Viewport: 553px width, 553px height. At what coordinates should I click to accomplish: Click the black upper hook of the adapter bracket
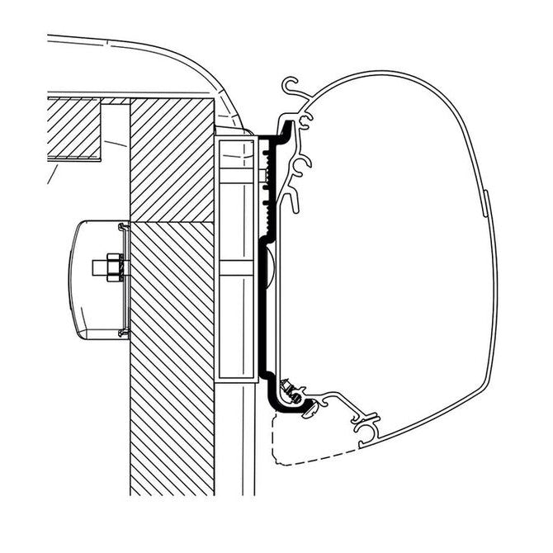coord(286,128)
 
